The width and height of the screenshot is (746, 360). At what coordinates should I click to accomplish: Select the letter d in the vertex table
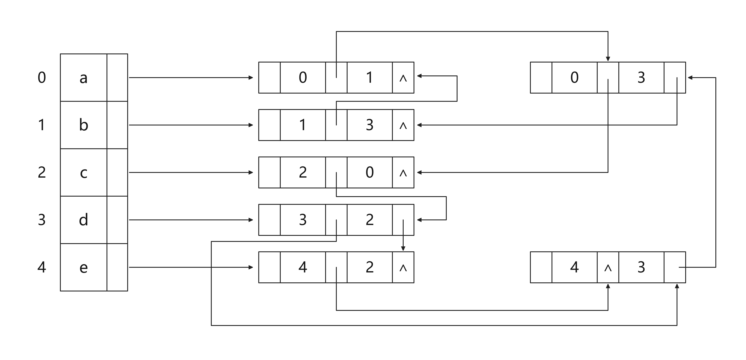pos(83,220)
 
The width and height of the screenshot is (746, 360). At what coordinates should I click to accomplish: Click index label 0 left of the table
pos(42,77)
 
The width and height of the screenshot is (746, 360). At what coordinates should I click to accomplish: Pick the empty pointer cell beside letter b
pos(117,125)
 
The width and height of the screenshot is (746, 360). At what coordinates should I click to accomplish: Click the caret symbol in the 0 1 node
pos(403,78)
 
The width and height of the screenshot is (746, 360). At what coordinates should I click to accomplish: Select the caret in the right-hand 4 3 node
pos(608,268)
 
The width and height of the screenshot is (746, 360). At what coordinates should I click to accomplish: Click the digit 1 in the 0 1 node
pos(369,77)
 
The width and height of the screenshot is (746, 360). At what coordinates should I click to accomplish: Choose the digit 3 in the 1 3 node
pos(370,125)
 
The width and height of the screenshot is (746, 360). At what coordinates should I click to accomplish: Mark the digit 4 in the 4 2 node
pos(303,267)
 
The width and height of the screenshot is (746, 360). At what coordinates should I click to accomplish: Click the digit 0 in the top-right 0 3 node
pos(575,77)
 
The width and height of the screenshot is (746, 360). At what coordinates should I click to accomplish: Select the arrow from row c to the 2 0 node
pos(191,173)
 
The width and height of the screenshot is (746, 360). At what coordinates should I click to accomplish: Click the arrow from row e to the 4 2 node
pos(191,267)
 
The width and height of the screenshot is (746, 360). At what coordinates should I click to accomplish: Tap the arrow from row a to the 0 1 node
pos(191,78)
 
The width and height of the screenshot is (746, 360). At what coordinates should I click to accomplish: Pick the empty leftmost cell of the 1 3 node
pos(269,125)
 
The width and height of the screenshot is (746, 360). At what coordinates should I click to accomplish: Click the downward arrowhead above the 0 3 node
pos(608,59)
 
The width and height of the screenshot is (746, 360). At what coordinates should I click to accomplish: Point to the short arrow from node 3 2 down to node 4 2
pos(403,235)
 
